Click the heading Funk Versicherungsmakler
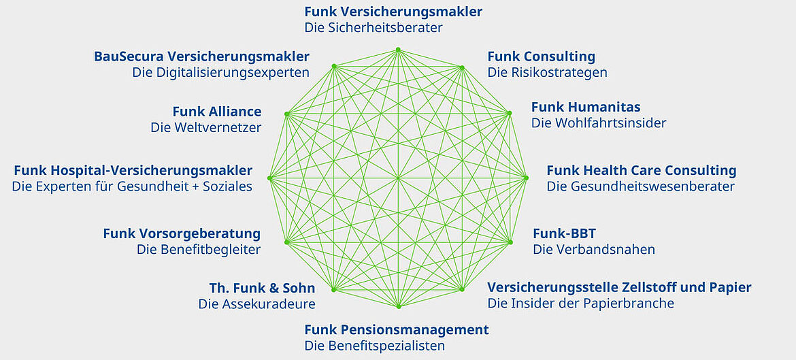click(393, 12)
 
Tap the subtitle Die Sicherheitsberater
click(374, 28)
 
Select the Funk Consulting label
click(541, 56)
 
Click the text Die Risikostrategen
click(547, 72)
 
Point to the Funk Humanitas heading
click(586, 107)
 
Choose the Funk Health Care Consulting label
click(641, 170)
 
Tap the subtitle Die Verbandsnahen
click(594, 249)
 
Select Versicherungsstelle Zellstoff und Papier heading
click(619, 287)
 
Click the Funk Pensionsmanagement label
click(396, 330)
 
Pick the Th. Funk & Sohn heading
click(263, 288)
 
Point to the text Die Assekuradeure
click(256, 304)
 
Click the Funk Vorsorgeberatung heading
click(182, 233)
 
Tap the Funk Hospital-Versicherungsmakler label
click(133, 170)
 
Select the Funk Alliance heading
click(216, 112)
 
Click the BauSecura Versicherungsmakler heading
click(201, 56)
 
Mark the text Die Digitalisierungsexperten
click(220, 72)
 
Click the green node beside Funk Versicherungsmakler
click(398, 50)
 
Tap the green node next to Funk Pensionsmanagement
click(398, 307)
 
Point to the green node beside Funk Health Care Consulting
click(526, 178)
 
